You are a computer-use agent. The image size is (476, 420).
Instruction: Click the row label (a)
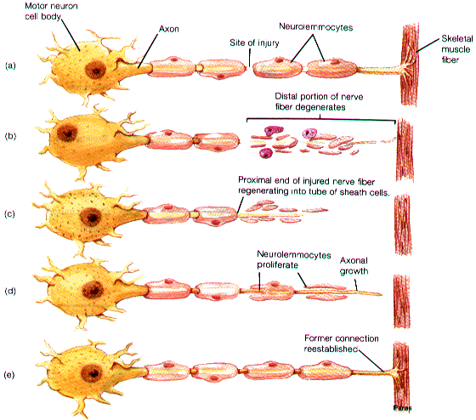pyautogui.click(x=10, y=65)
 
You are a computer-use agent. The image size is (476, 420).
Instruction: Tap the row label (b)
pyautogui.click(x=10, y=136)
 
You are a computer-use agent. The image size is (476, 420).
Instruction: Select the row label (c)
pyautogui.click(x=9, y=214)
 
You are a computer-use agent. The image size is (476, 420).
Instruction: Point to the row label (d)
pyautogui.click(x=10, y=292)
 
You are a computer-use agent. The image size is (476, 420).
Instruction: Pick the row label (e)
pyautogui.click(x=9, y=375)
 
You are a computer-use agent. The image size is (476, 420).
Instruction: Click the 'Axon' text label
pyautogui.click(x=169, y=29)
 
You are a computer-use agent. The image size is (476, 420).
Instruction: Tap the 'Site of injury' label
pyautogui.click(x=254, y=43)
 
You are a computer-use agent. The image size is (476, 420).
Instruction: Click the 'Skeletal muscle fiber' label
pyautogui.click(x=457, y=49)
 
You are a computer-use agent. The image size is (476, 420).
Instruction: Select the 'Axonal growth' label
pyautogui.click(x=354, y=266)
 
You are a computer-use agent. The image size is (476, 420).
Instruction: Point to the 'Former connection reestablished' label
pyautogui.click(x=341, y=343)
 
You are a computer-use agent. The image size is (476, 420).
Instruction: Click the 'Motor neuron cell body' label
pyautogui.click(x=51, y=11)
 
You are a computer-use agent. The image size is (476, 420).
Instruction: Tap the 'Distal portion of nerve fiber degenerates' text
pyautogui.click(x=319, y=102)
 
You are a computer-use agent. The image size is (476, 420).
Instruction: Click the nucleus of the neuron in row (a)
pyautogui.click(x=95, y=70)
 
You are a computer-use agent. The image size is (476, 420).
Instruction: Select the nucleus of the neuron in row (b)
pyautogui.click(x=67, y=133)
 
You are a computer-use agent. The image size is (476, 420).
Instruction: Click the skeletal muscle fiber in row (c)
pyautogui.click(x=403, y=224)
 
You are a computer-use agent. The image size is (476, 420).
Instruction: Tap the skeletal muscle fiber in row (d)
pyautogui.click(x=402, y=301)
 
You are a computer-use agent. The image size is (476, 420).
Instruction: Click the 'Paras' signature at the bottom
pyautogui.click(x=402, y=408)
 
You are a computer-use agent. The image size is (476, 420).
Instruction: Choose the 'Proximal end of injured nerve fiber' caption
pyautogui.click(x=306, y=181)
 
